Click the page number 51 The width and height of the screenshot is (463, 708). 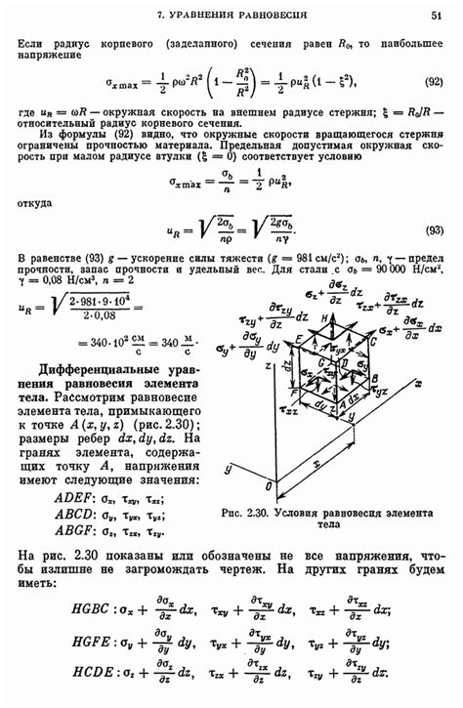point(436,16)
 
